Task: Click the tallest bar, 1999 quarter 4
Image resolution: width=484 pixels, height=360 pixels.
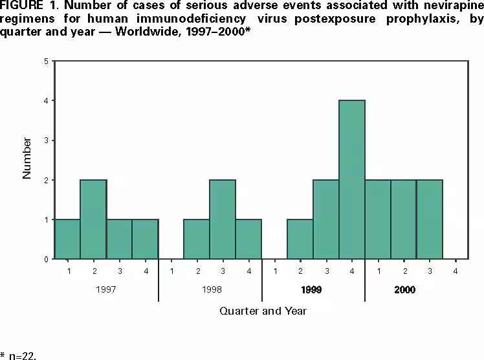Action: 352,179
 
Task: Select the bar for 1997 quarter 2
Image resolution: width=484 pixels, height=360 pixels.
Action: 93,219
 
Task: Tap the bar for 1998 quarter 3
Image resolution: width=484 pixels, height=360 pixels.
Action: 223,219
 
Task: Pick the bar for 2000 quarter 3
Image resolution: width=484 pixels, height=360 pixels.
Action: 430,219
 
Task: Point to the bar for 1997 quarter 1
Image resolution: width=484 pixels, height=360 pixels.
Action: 67,239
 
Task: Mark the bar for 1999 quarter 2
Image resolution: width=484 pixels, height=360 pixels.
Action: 300,239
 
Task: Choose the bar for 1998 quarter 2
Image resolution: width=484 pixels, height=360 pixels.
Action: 197,239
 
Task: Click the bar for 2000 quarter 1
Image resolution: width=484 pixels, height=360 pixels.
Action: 378,219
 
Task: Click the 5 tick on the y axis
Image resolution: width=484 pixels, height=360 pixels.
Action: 45,62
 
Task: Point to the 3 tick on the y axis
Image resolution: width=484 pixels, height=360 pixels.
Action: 45,141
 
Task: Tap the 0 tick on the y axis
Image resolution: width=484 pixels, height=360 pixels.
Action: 45,259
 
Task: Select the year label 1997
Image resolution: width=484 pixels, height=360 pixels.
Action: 105,289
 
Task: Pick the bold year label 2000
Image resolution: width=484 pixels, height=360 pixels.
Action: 404,289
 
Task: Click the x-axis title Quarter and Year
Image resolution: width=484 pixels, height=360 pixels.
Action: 263,311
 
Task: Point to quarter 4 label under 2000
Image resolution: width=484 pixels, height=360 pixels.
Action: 456,270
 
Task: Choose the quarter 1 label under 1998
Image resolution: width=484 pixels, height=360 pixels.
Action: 171,270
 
